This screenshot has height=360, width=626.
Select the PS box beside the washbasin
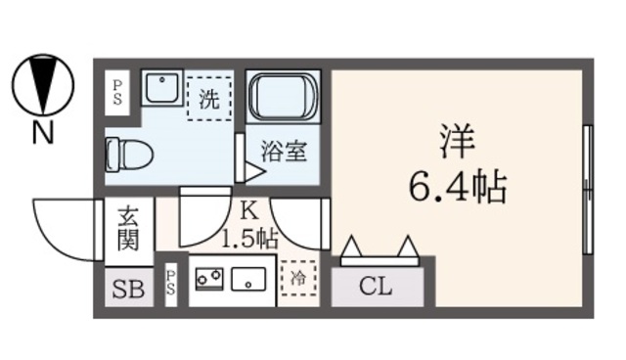click(116, 92)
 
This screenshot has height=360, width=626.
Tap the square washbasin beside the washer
click(158, 90)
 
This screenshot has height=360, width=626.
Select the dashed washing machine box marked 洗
click(208, 97)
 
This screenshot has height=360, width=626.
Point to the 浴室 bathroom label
click(284, 152)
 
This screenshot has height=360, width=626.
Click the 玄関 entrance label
click(127, 229)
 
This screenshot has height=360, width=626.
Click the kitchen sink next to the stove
click(250, 280)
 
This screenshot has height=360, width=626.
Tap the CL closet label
click(378, 288)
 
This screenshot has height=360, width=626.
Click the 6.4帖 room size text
click(457, 183)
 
